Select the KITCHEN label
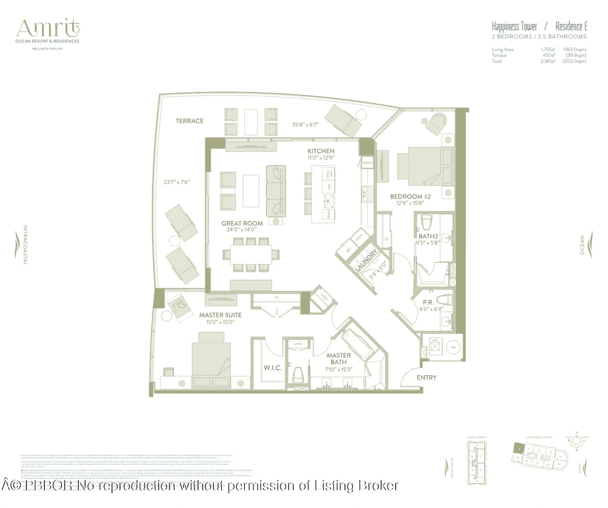pos(321,151)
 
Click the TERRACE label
pos(189,121)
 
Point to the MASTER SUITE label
pos(221,315)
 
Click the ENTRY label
pos(426,377)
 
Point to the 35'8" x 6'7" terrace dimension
pos(305,125)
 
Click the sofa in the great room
pos(276,191)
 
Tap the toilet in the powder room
pos(442,301)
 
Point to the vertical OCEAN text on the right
pos(582,246)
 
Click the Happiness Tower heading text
pos(515,26)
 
